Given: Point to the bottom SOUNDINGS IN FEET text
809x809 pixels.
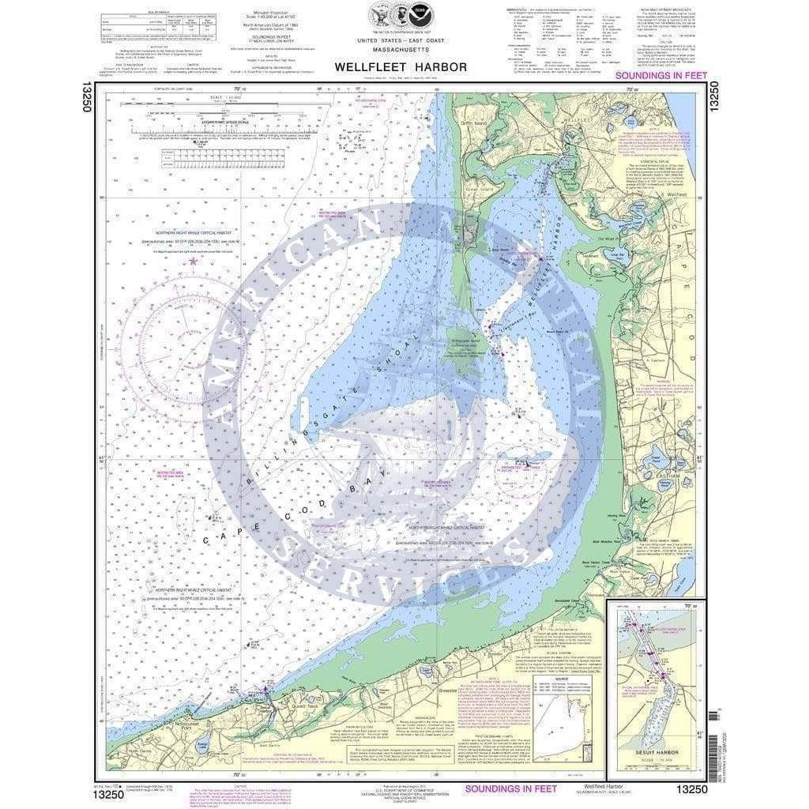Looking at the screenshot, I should [x=510, y=788].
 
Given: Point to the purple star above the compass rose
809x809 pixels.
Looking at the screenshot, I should [x=191, y=261].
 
